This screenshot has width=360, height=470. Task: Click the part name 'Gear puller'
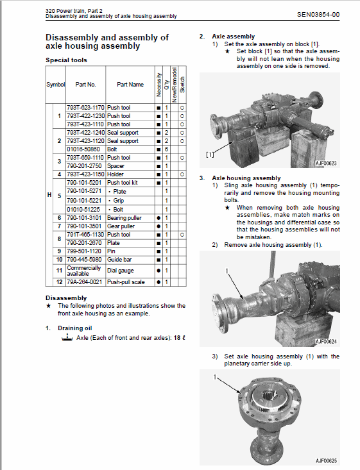click(122, 226)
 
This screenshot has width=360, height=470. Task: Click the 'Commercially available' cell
click(84, 271)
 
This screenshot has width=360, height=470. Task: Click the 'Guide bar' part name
click(121, 260)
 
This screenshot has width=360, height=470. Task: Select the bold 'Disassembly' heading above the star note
click(66, 298)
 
